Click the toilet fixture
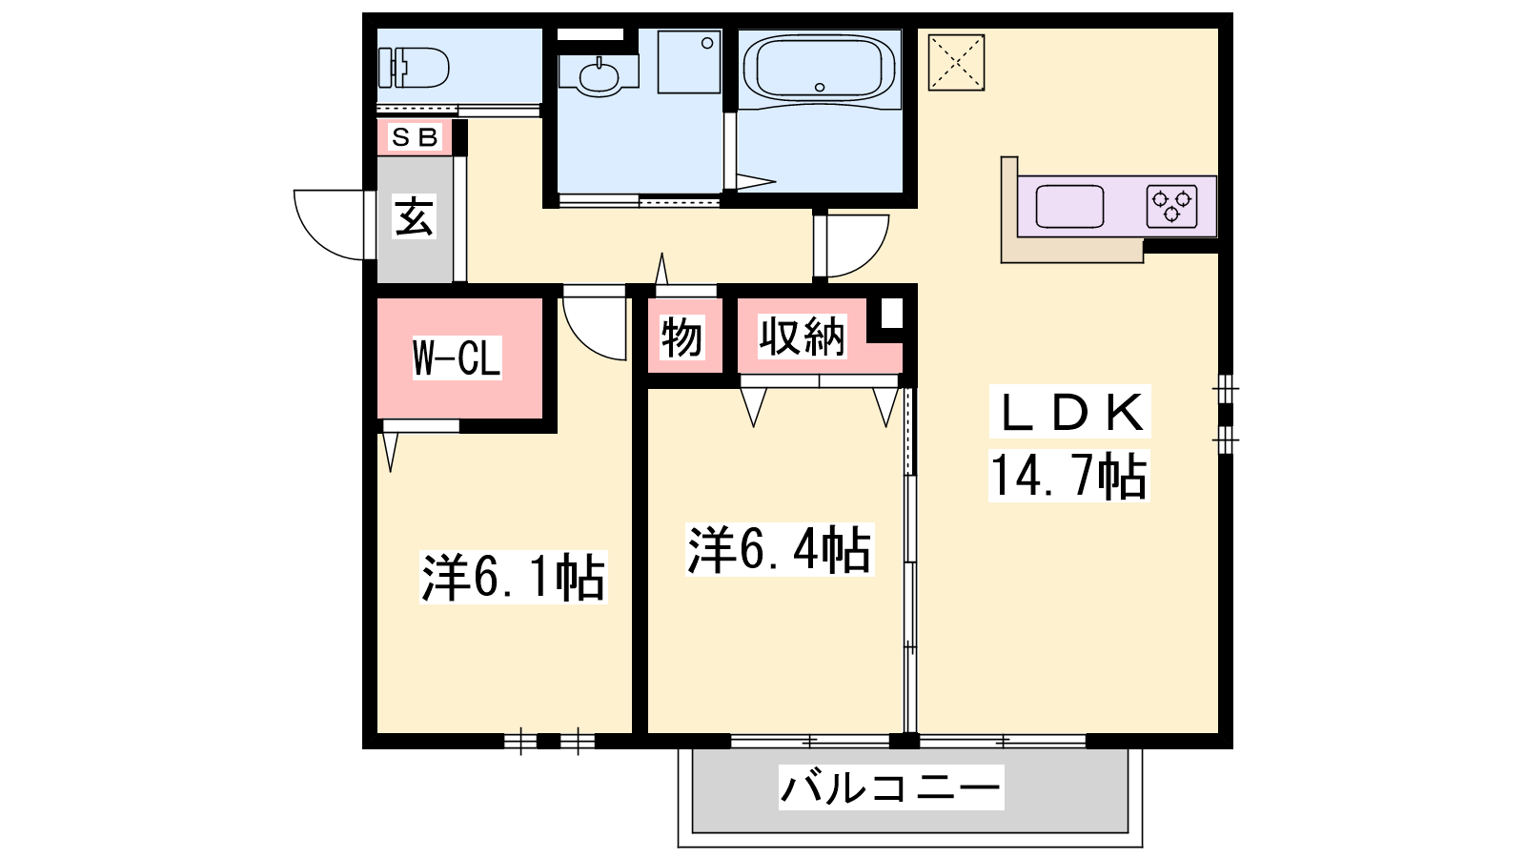coord(414,68)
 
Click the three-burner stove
coord(1171,206)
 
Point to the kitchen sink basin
coord(1069,206)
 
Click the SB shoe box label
coord(414,137)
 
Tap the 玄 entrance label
coord(414,216)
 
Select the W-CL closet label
coord(457,357)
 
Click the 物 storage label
coord(681,337)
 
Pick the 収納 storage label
coord(802,337)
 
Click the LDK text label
coord(1069,412)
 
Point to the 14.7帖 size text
coord(1068,476)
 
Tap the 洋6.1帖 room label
coord(514,578)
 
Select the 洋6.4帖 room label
coord(780,549)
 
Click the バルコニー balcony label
coord(891,787)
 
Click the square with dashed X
coord(957,63)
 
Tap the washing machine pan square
coord(689,61)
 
